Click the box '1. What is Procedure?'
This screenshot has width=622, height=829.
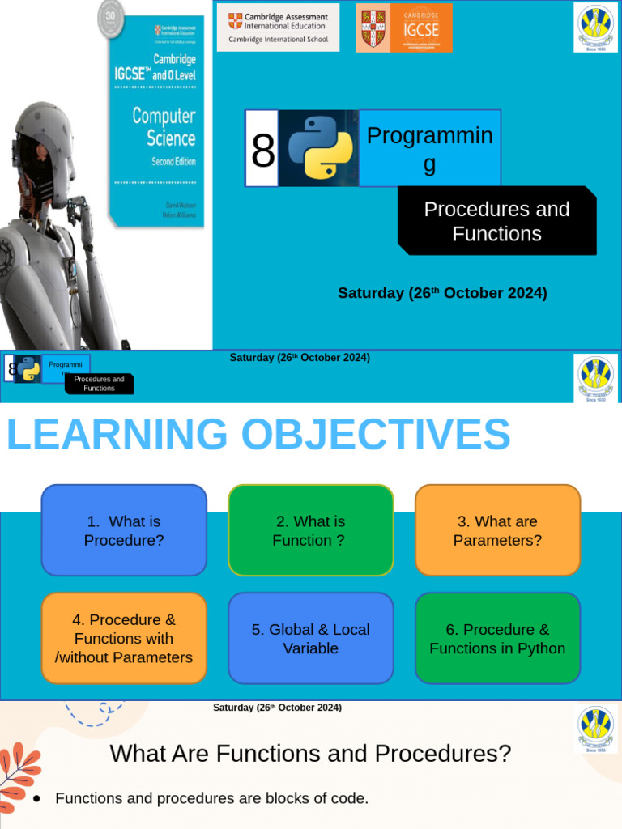click(x=124, y=530)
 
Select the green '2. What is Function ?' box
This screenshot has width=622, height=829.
click(x=310, y=530)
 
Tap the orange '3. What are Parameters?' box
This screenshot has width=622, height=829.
click(x=497, y=530)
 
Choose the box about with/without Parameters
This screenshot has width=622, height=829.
click(x=124, y=638)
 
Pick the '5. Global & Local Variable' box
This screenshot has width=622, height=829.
click(x=310, y=638)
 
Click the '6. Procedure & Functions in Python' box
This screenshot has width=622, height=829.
click(x=497, y=638)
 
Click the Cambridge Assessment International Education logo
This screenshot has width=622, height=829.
click(x=278, y=27)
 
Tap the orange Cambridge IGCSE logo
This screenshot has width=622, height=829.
click(x=404, y=28)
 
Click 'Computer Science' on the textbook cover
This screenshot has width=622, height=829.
click(x=164, y=126)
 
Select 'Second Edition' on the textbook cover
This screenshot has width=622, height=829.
click(x=173, y=161)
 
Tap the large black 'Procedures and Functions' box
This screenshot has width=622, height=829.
click(x=496, y=221)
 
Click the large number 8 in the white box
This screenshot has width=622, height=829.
click(x=262, y=149)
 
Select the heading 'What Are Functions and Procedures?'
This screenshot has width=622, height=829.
click(x=310, y=754)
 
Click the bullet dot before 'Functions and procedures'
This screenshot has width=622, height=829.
click(x=37, y=798)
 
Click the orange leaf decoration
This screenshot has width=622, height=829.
click(x=18, y=773)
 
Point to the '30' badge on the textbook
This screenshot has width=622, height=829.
click(x=111, y=17)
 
